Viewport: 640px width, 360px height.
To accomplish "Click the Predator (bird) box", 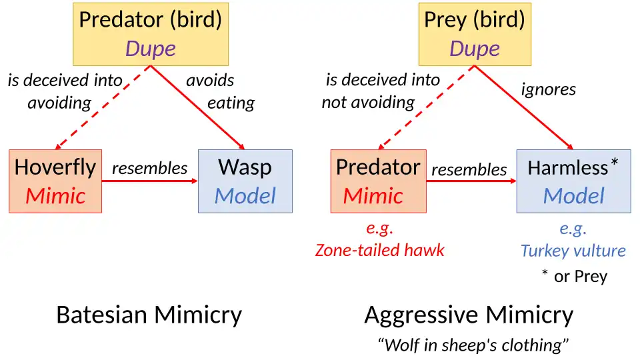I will click(150, 33).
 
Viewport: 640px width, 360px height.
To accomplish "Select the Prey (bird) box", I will click(474, 33).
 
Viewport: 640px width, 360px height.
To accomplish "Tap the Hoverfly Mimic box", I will click(55, 181).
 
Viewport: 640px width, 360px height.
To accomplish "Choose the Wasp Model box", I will click(245, 181).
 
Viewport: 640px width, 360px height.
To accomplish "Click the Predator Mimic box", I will click(378, 181).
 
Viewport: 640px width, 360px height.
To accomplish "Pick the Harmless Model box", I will click(573, 181).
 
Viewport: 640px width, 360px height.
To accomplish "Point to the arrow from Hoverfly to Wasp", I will click(150, 181).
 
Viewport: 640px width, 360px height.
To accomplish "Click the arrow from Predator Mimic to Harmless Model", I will click(471, 181).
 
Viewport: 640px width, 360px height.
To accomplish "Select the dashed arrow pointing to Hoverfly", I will click(103, 107).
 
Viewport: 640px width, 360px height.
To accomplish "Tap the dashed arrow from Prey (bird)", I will click(426, 107).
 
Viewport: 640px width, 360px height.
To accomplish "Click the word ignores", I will click(549, 89).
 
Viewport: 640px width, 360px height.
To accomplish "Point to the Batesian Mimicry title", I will click(149, 315).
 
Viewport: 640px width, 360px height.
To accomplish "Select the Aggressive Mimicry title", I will click(469, 315).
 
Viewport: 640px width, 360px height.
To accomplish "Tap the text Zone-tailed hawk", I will click(379, 250).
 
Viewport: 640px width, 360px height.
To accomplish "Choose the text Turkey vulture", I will click(573, 251).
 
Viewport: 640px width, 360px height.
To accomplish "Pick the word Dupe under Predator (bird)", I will click(150, 49).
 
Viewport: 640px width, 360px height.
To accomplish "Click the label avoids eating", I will click(220, 91).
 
